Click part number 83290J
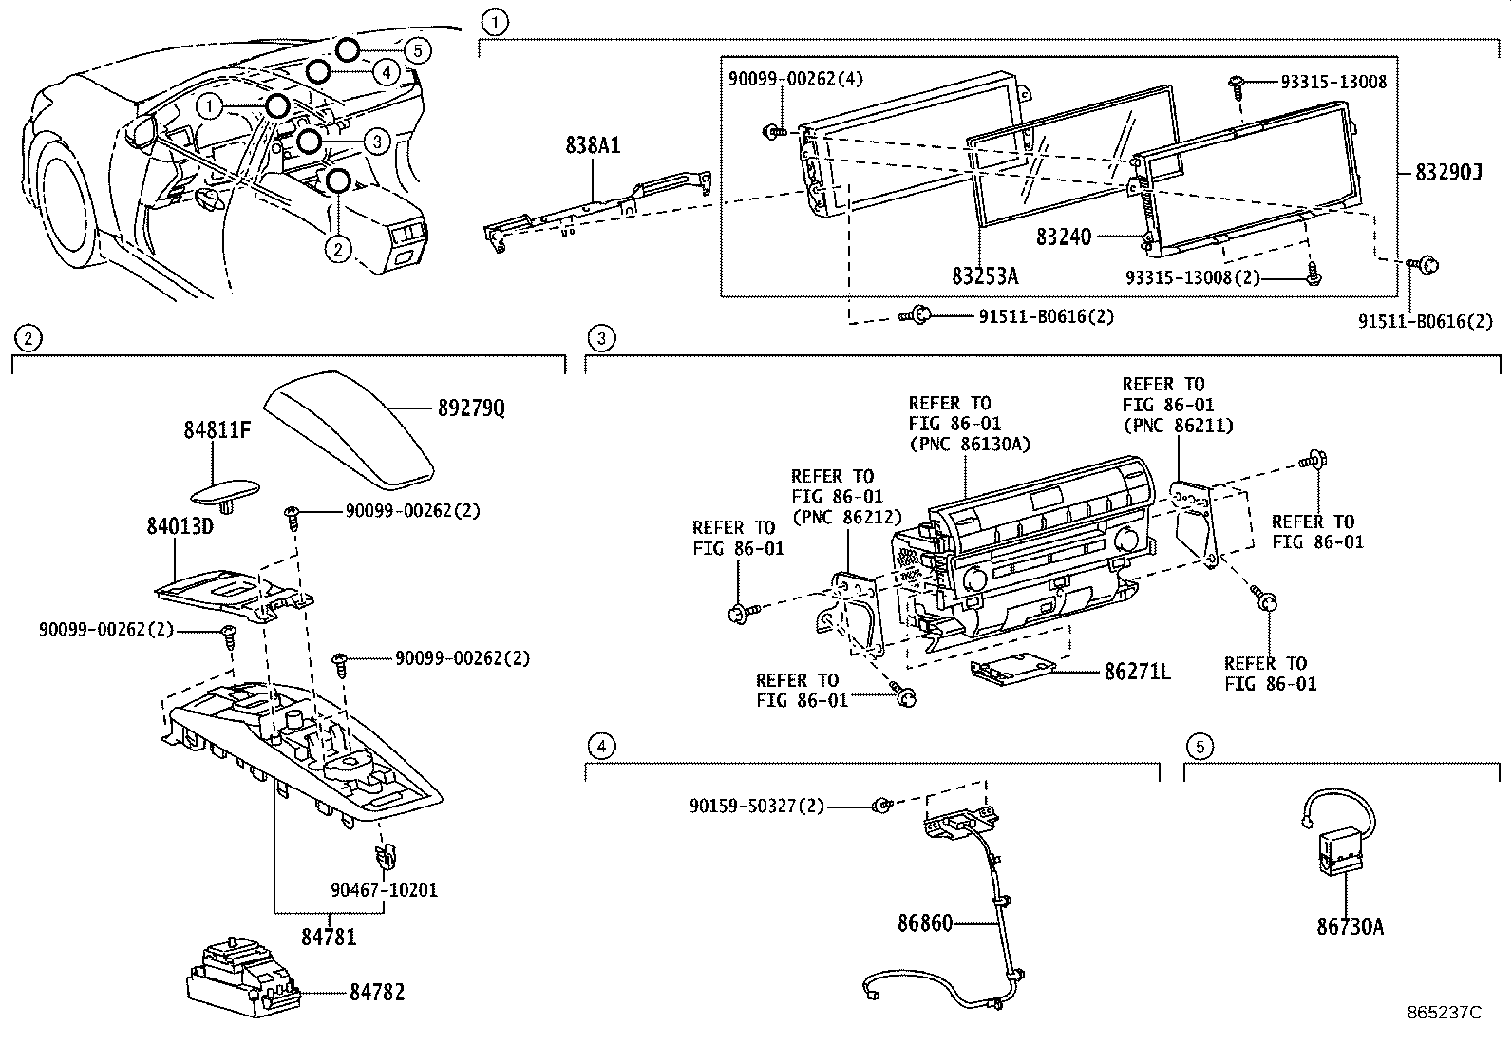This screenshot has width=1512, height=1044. [x=1447, y=172]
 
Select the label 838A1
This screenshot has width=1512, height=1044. [x=593, y=145]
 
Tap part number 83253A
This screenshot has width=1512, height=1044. [x=985, y=276]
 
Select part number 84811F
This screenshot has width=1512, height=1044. [x=217, y=430]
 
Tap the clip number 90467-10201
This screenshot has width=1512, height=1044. [x=384, y=890]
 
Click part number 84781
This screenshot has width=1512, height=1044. [x=329, y=937]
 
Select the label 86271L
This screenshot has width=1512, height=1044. [x=1137, y=673]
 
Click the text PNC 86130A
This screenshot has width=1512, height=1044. [x=969, y=444]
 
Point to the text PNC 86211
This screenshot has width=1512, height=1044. [x=1178, y=426]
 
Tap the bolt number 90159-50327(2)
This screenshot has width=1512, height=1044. [x=757, y=807]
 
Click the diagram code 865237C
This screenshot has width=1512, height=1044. [x=1444, y=1013]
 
